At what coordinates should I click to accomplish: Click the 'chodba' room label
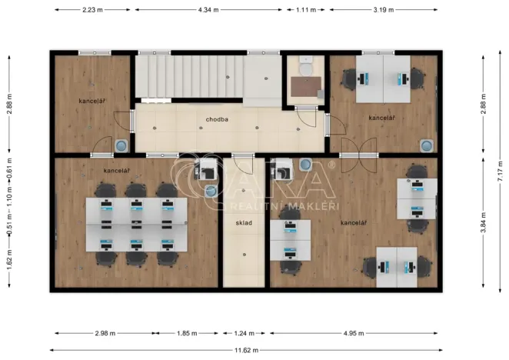pos(216,120)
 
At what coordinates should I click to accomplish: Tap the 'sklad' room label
pos(244,223)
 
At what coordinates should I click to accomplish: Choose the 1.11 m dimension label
pos(305,10)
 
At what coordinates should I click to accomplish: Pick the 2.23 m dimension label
pos(93,10)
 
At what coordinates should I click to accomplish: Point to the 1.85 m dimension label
pos(187,334)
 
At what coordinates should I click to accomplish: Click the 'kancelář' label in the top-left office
pos(91,101)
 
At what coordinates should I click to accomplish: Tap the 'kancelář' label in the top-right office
pos(381,118)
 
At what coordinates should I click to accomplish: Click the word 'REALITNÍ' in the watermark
pos(259,206)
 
